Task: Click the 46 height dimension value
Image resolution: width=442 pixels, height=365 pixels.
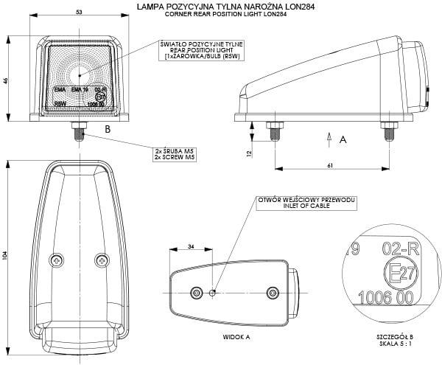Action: click(7, 81)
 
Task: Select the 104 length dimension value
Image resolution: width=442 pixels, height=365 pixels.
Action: click(7, 255)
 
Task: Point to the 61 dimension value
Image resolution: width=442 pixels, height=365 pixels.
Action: click(331, 164)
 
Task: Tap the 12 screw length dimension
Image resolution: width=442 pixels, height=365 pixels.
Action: click(250, 153)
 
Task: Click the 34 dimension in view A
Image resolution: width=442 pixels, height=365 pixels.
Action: click(191, 246)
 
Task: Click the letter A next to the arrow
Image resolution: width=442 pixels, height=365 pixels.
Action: click(342, 137)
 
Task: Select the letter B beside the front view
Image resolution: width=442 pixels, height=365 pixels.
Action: click(108, 129)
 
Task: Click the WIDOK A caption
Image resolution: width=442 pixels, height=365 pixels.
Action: click(236, 336)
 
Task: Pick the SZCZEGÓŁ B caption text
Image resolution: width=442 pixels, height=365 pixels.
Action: click(395, 336)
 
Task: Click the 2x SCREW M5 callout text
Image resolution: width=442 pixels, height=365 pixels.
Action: click(175, 157)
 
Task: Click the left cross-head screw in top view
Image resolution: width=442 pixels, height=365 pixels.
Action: click(57, 260)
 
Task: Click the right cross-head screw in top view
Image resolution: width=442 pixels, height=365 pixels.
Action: click(101, 260)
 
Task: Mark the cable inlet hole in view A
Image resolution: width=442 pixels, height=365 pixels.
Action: click(214, 292)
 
